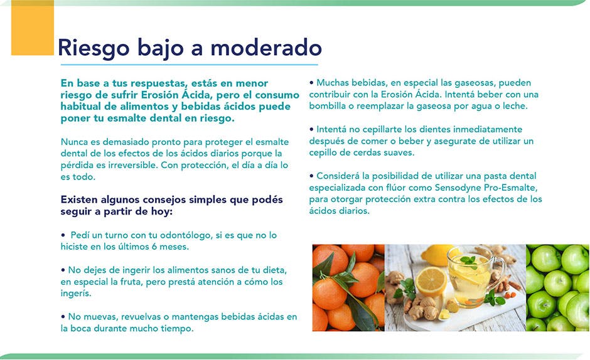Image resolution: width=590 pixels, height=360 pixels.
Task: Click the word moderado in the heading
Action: click(265, 48)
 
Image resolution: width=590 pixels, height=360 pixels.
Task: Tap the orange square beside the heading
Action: click(33, 28)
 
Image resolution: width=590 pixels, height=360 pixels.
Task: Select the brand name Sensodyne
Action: click(458, 188)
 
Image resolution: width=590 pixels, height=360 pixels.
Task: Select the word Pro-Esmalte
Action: click(511, 188)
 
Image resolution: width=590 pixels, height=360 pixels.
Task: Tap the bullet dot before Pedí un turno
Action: click(63, 235)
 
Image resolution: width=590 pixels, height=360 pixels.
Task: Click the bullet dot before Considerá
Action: click(311, 176)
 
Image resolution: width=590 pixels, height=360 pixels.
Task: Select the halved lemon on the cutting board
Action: click(431, 282)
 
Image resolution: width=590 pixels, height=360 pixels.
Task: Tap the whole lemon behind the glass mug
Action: click(436, 255)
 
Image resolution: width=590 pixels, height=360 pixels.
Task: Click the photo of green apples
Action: click(557, 288)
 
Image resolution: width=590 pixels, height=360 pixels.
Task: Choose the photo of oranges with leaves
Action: click(348, 288)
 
